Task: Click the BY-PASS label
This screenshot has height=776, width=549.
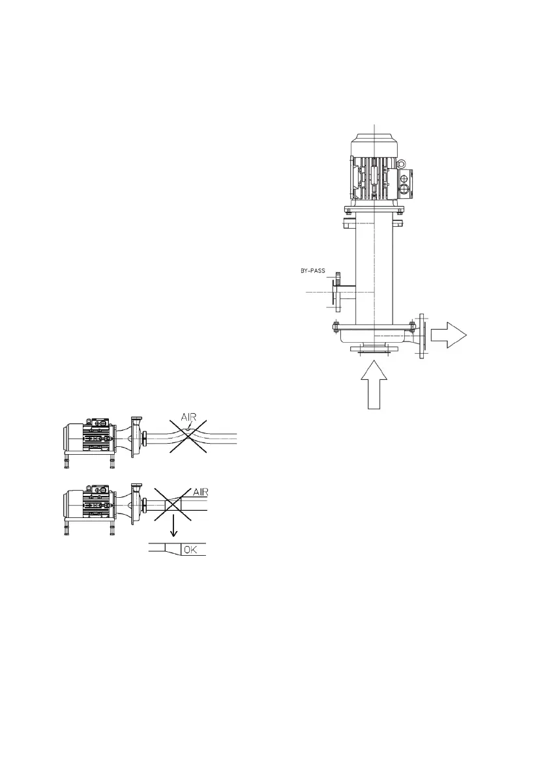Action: (313, 270)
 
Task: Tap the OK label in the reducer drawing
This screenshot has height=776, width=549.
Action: (190, 549)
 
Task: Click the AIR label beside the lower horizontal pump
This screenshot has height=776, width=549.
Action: (200, 493)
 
